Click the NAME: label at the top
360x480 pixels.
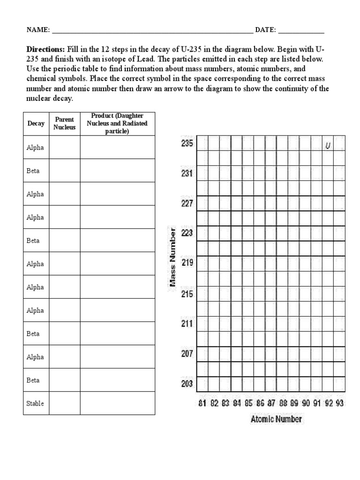pyautogui.click(x=38, y=30)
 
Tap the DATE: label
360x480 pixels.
pyautogui.click(x=265, y=30)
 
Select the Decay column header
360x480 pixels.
pyautogui.click(x=36, y=124)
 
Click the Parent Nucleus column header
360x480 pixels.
pyautogui.click(x=64, y=123)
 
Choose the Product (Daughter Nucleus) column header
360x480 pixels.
pyautogui.click(x=117, y=123)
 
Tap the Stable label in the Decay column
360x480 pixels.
pyautogui.click(x=35, y=403)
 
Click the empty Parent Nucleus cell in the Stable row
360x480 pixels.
pyautogui.click(x=64, y=403)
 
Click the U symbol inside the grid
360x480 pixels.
pyautogui.click(x=328, y=146)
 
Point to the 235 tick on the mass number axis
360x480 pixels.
pyautogui.click(x=187, y=144)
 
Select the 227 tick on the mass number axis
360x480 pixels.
pyautogui.click(x=187, y=203)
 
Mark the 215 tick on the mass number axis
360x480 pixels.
pyautogui.click(x=187, y=294)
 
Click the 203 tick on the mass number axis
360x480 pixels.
pyautogui.click(x=187, y=384)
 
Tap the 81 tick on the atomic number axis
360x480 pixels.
pyautogui.click(x=202, y=403)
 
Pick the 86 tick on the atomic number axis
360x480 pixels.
pyautogui.click(x=260, y=403)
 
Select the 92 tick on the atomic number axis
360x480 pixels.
pyautogui.click(x=328, y=403)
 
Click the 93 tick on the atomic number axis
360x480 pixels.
pyautogui.click(x=339, y=403)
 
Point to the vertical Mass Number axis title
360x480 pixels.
pyautogui.click(x=172, y=257)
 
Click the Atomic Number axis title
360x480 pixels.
pyautogui.click(x=276, y=419)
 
